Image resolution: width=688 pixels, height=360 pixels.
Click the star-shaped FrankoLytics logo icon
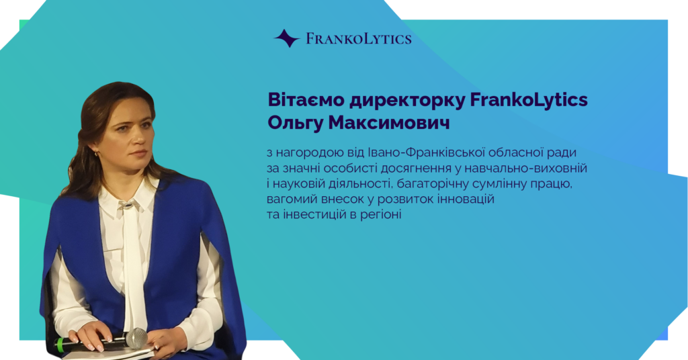[287, 38]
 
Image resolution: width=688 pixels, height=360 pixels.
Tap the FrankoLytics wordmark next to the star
[359, 38]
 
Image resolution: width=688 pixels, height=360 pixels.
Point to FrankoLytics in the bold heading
[529, 101]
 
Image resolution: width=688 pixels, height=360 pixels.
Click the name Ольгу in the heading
[296, 123]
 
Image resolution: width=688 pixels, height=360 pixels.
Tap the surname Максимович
[389, 123]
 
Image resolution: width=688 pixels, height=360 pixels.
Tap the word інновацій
[466, 199]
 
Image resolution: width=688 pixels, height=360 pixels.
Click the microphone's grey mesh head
[137, 338]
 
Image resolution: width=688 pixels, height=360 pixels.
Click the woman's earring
[97, 154]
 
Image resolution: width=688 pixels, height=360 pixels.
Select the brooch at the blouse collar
[128, 204]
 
